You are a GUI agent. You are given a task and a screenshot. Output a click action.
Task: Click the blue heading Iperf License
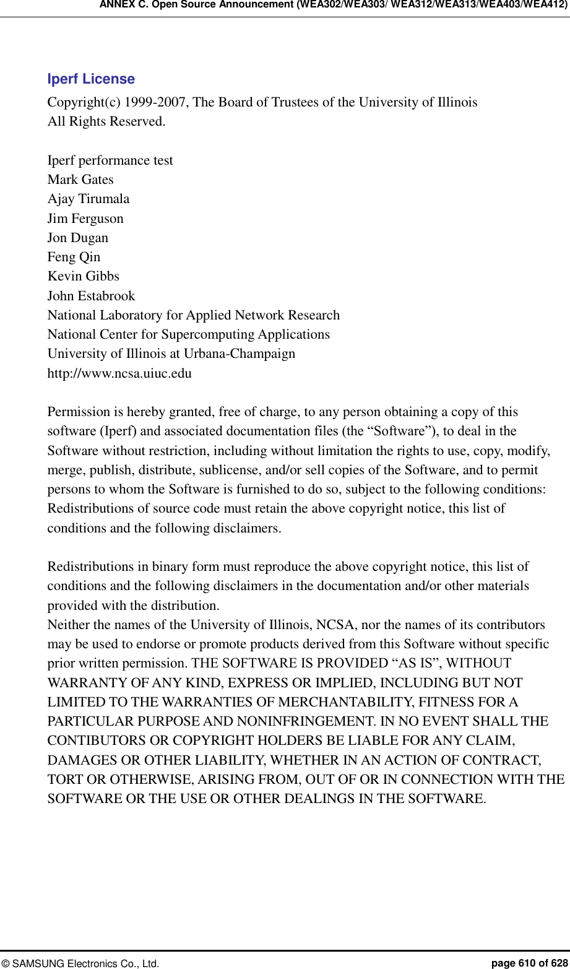pyautogui.click(x=91, y=79)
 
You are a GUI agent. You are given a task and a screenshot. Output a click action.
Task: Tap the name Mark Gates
pyautogui.click(x=80, y=180)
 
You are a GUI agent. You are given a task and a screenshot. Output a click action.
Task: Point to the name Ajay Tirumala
pyautogui.click(x=89, y=199)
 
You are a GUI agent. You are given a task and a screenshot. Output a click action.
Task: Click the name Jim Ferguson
pyautogui.click(x=85, y=219)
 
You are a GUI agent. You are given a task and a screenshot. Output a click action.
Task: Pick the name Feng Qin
pyautogui.click(x=74, y=257)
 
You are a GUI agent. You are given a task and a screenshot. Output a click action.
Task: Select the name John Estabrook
pyautogui.click(x=91, y=296)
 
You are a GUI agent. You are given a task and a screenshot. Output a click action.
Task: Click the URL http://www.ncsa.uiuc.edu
pyautogui.click(x=119, y=373)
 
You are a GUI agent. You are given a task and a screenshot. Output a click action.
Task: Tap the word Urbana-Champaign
pyautogui.click(x=240, y=354)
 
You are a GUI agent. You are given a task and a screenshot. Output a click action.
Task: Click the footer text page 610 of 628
pyautogui.click(x=529, y=963)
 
